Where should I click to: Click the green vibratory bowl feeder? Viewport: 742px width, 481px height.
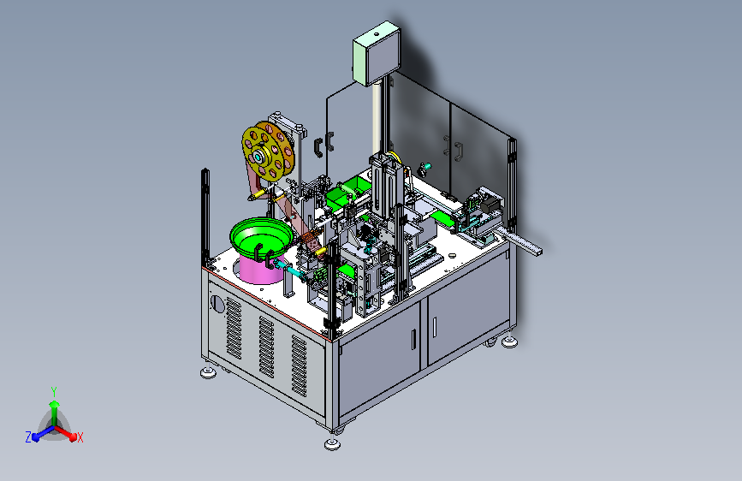coord(260,238)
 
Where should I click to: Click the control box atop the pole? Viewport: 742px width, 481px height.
coord(377,54)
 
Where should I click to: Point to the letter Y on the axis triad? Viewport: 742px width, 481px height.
coord(54,391)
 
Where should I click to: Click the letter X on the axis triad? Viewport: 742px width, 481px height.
coord(80,438)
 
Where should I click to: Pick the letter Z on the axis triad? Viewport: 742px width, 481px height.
coord(28,437)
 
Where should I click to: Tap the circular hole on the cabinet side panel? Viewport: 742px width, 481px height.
coord(217,305)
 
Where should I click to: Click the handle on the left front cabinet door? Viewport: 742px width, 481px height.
coord(414,340)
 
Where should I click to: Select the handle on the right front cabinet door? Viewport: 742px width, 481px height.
coord(435,328)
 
